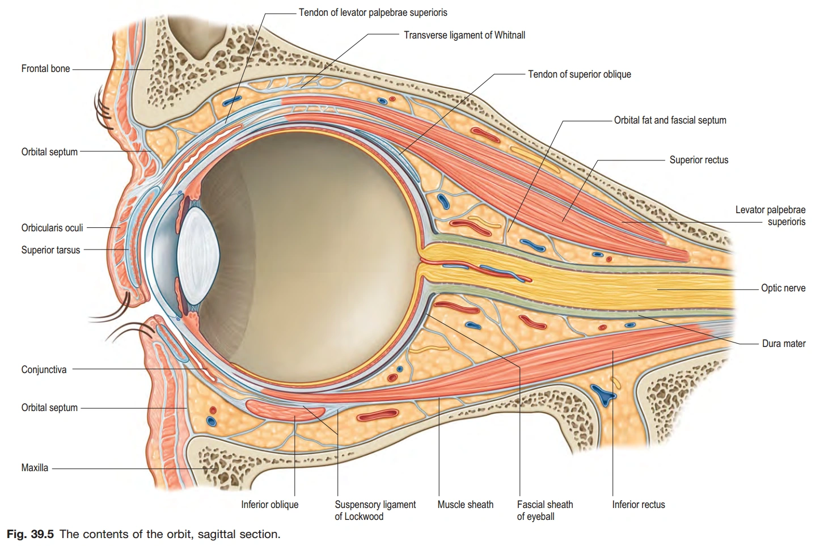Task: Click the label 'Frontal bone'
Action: tap(45, 69)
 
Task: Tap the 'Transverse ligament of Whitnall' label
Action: tap(464, 35)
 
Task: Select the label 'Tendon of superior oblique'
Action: tap(580, 74)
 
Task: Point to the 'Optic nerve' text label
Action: tap(783, 288)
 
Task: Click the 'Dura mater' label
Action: tap(784, 344)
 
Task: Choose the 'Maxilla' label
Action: tap(35, 468)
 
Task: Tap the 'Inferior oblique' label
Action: tap(270, 505)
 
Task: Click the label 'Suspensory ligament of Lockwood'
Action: tap(375, 510)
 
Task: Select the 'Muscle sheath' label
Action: tap(465, 505)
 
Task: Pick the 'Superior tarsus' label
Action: tap(50, 250)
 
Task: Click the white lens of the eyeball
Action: tap(198, 256)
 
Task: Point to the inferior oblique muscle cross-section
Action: tap(285, 410)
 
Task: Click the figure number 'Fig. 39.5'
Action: tap(31, 534)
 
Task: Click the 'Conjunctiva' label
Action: tap(44, 370)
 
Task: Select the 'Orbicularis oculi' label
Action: tap(52, 228)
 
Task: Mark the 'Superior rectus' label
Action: tap(699, 160)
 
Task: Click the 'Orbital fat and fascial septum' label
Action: tap(670, 120)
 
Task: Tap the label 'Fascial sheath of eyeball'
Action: tap(545, 510)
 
